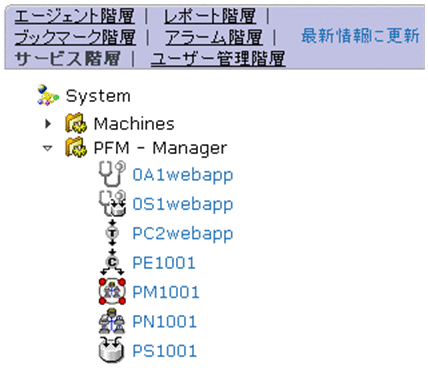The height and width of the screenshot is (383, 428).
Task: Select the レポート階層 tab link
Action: tap(209, 17)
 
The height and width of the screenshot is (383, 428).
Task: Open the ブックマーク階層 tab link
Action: tap(75, 37)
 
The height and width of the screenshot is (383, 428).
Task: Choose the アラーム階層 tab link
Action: tap(211, 37)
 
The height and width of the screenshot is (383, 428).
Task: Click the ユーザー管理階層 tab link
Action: tap(217, 58)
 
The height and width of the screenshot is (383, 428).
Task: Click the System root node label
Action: tap(98, 96)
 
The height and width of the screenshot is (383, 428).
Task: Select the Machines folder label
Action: tap(134, 124)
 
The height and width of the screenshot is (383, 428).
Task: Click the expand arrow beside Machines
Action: tap(47, 124)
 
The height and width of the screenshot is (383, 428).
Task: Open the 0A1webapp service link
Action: tap(182, 176)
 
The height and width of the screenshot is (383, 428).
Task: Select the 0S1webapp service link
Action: tap(182, 205)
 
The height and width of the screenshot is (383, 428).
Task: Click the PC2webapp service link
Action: tap(182, 234)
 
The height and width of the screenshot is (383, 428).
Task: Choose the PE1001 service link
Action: tap(164, 263)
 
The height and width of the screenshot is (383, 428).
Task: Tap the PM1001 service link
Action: tap(165, 292)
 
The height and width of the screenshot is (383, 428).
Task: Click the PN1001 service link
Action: tap(165, 321)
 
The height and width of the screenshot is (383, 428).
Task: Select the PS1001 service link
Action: tap(164, 350)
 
